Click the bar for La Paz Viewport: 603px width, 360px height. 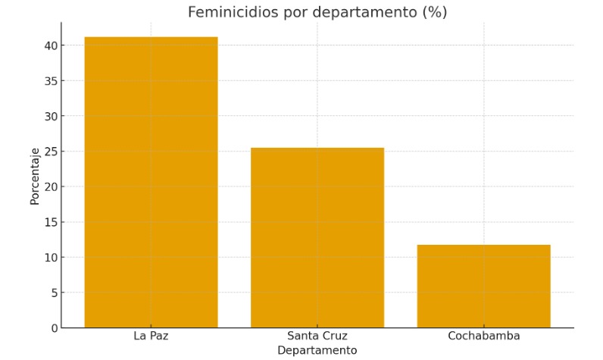[151, 182]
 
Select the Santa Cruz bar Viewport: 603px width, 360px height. [317, 237]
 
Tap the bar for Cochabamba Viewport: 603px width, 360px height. [483, 286]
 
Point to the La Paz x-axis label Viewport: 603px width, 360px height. [151, 336]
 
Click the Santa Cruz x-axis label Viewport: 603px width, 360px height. [317, 336]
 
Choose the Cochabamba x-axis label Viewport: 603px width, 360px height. [483, 336]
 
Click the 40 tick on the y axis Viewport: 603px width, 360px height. [50, 45]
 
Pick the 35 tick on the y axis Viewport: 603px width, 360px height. [50, 81]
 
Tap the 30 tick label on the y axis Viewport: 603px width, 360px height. [50, 116]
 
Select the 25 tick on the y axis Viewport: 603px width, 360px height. [50, 152]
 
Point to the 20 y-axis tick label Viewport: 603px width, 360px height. [50, 186]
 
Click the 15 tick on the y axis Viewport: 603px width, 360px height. [50, 222]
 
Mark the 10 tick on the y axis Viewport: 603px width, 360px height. [50, 258]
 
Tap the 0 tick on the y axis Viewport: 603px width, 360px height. [53, 328]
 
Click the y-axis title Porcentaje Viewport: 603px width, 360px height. [35, 176]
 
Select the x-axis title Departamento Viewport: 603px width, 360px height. [317, 350]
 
